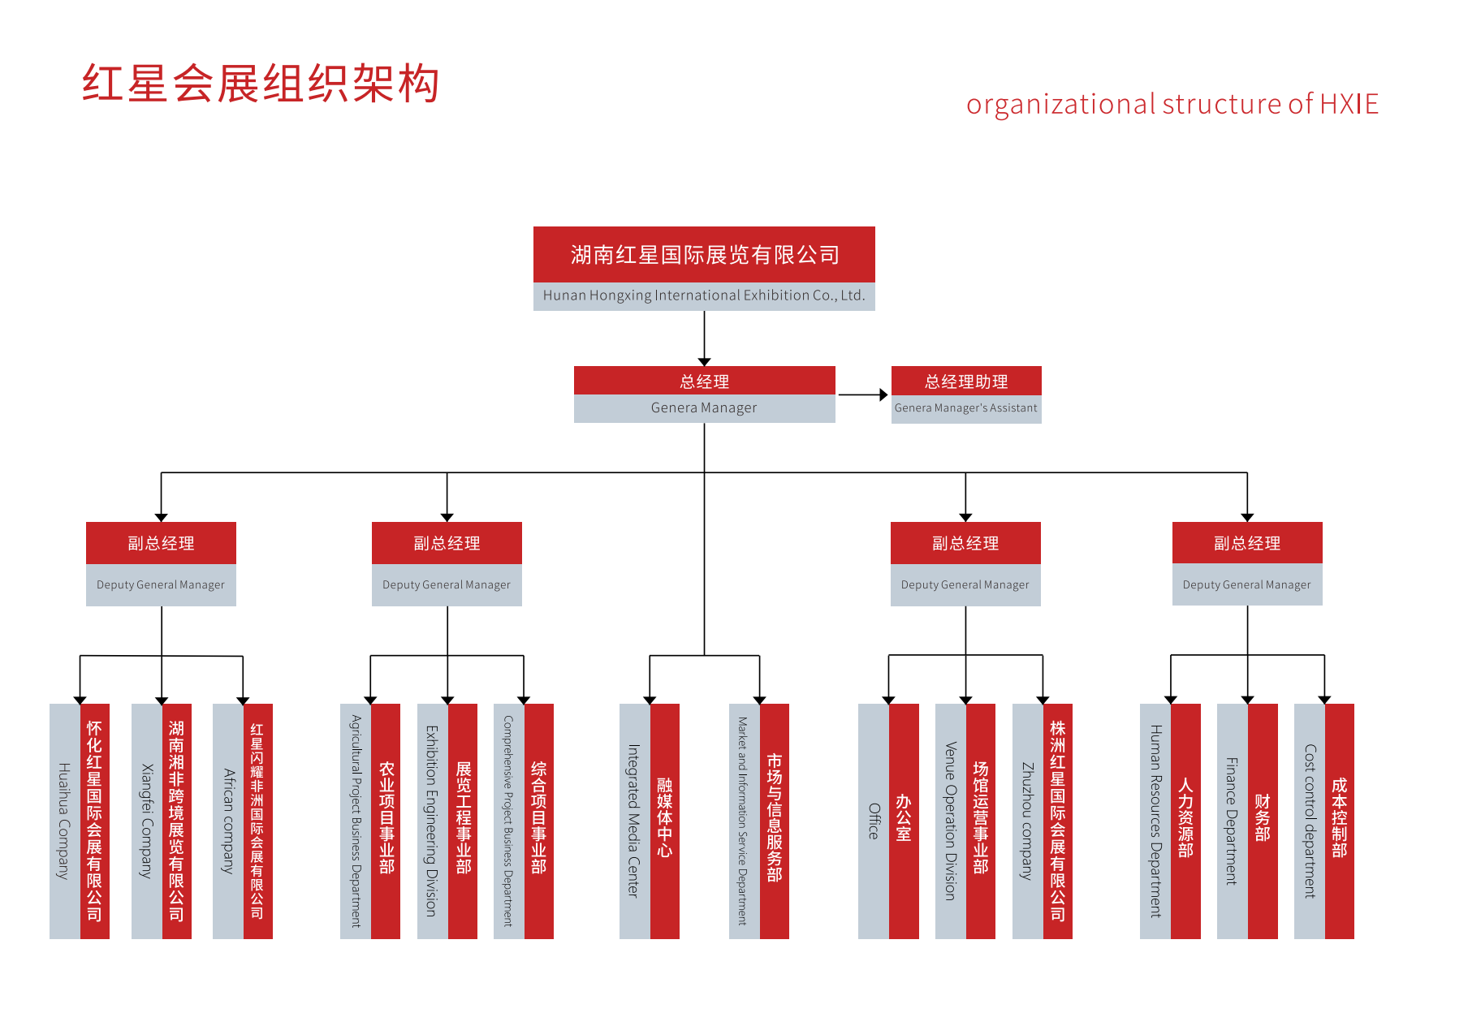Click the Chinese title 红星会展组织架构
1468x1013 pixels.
point(260,83)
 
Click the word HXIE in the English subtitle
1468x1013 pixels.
point(1349,105)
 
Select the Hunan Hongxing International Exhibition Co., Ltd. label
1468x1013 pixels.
point(704,295)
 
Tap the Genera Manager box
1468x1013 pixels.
point(704,395)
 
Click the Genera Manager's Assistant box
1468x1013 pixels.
point(966,395)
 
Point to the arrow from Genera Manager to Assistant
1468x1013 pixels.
point(862,395)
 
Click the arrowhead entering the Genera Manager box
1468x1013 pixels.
point(704,361)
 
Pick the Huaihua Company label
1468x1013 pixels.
point(64,821)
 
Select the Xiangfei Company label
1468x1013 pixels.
point(146,821)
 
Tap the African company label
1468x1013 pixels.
point(228,821)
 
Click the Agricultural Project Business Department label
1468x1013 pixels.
point(356,821)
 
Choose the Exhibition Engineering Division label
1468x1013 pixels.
point(432,821)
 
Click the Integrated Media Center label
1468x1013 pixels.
point(634,821)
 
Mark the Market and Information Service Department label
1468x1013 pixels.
point(743,821)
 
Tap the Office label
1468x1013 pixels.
point(874,821)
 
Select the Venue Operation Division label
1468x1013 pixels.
point(951,821)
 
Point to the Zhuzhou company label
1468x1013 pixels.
point(1027,821)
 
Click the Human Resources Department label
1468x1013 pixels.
point(1155,821)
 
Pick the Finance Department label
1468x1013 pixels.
point(1232,821)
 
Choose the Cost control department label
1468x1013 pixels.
point(1309,821)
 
